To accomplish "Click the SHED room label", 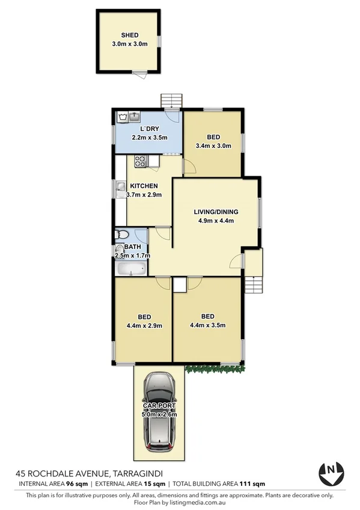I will click(130, 35).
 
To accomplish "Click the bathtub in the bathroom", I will click(130, 269).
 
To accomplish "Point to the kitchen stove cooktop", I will click(141, 161).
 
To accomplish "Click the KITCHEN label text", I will click(142, 186).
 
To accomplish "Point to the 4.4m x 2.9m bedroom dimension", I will click(144, 326).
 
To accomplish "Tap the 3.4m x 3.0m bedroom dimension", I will click(213, 146).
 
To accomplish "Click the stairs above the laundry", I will click(172, 100).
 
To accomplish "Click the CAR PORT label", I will click(160, 406).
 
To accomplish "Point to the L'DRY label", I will click(149, 129).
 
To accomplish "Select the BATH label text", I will click(133, 247).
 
